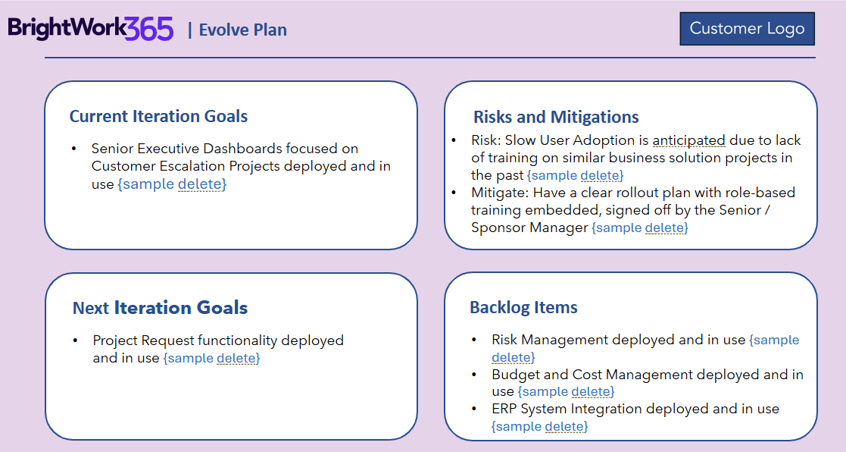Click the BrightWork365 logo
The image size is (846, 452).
91,29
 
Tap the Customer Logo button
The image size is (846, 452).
748,29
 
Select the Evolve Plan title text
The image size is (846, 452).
243,30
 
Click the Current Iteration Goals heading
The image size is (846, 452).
158,116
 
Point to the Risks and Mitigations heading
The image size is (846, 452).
556,117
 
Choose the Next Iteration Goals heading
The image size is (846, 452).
161,307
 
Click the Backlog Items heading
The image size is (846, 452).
524,307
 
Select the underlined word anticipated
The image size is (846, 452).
689,140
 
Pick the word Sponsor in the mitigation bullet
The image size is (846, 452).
498,228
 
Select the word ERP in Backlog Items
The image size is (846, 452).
504,409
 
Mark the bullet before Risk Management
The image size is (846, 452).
473,341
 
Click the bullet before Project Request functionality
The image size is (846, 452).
75,341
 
